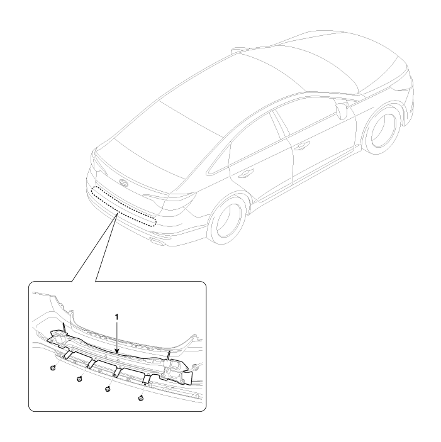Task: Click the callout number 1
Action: click(x=117, y=317)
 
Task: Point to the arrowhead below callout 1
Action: click(x=117, y=351)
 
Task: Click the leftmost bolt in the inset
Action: click(x=53, y=368)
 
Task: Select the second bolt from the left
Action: click(x=79, y=379)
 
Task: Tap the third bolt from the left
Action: click(x=107, y=389)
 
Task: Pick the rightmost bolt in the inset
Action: click(x=141, y=398)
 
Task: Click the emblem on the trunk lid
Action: click(x=124, y=183)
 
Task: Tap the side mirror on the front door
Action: click(x=342, y=111)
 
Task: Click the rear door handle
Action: click(x=245, y=174)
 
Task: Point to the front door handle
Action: click(x=301, y=145)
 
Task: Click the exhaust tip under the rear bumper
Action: click(x=157, y=241)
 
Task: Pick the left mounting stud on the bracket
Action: click(x=64, y=328)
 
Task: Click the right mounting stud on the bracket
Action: click(x=169, y=356)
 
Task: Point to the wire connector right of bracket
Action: click(x=194, y=367)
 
